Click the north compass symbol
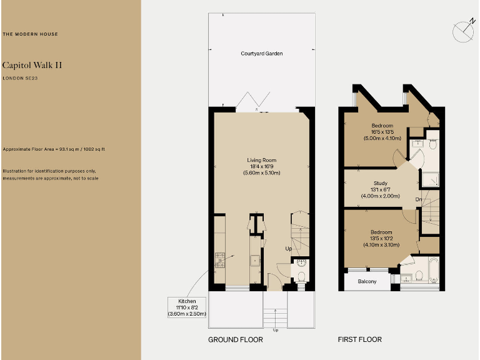pos(463,30)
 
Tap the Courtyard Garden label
pos(262,54)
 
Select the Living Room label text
pos(262,161)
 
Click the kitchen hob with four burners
pos(219,260)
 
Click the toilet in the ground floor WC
pos(301,276)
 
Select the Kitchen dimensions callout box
pos(187,307)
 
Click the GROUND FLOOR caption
pos(235,340)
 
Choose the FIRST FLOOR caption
pos(359,340)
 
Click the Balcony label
pos(367,282)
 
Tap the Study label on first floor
pos(380,183)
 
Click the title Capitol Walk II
pos(32,64)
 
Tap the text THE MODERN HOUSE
pos(31,34)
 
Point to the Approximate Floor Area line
pos(54,149)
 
